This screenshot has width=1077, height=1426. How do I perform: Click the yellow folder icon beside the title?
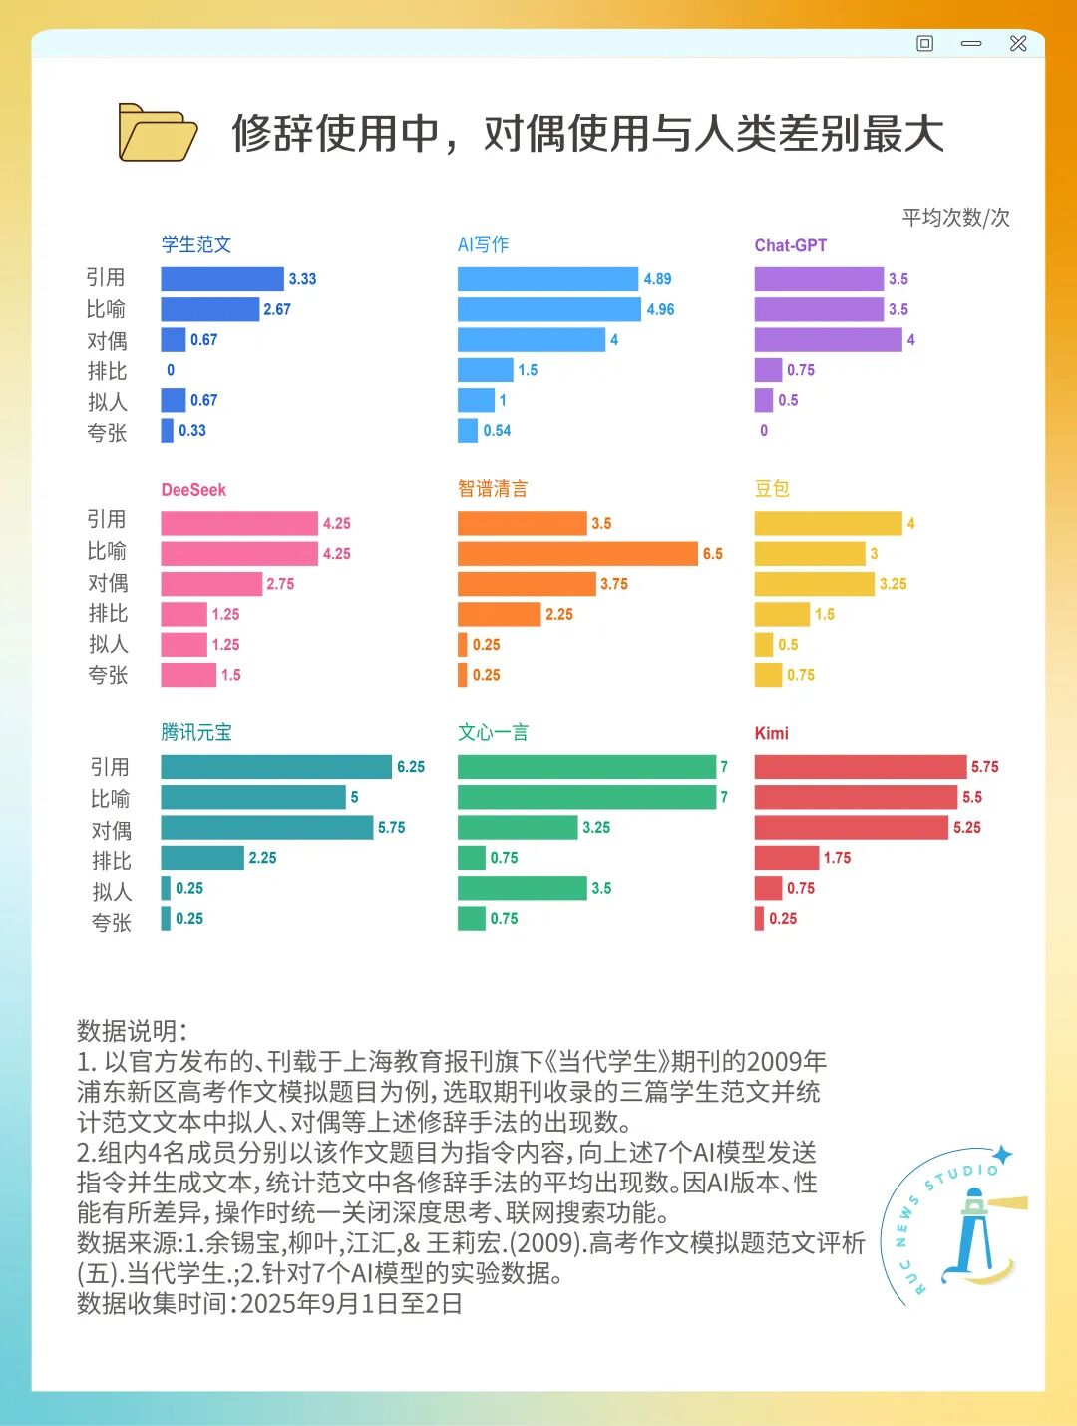point(157,132)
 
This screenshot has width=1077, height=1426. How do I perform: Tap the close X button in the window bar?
point(1018,44)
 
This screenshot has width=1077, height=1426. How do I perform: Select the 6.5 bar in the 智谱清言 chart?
point(577,554)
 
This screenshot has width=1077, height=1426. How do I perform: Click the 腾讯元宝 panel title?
point(196,732)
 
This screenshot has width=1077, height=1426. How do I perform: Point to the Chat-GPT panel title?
point(790,245)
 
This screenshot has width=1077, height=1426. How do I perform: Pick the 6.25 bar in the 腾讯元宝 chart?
point(276,767)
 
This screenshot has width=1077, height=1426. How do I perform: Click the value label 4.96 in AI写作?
point(660,309)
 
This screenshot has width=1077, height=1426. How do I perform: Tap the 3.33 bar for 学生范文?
point(222,279)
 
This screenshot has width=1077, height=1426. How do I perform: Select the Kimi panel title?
point(771,733)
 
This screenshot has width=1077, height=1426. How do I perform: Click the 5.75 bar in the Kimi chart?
point(861,767)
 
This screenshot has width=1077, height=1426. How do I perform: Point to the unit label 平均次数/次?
point(955,218)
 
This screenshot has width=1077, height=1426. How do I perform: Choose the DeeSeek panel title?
point(193,490)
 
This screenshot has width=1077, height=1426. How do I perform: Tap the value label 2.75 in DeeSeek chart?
point(280,584)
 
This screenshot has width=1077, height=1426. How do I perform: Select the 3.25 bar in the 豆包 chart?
point(814,584)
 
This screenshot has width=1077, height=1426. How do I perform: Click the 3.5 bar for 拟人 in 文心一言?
point(522,888)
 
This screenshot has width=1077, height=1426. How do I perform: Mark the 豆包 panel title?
point(772,489)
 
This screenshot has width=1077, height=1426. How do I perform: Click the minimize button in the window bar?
point(971,44)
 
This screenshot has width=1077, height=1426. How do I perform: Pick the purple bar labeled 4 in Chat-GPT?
point(828,340)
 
